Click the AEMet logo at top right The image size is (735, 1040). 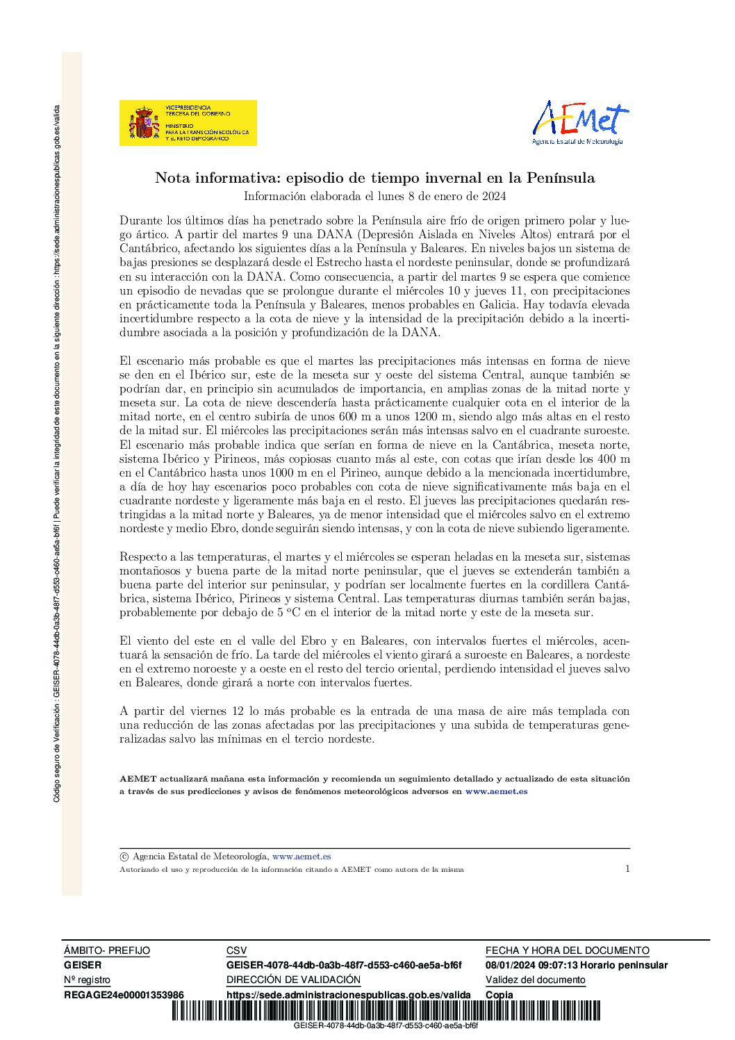(580, 122)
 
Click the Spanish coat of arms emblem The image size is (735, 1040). (144, 124)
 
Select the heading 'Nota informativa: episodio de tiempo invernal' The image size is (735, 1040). (374, 178)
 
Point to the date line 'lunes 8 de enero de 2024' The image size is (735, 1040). (374, 196)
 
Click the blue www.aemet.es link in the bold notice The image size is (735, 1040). (496, 791)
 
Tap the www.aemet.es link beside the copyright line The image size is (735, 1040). (302, 857)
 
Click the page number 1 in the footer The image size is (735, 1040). (627, 868)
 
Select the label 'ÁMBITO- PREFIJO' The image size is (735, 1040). (107, 950)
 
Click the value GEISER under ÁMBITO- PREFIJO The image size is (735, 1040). (83, 965)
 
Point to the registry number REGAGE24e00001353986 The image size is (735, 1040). (124, 995)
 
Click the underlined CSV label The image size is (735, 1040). (236, 950)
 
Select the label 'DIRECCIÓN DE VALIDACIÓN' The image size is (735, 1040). (293, 980)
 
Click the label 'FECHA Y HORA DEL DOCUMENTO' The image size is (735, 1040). (567, 950)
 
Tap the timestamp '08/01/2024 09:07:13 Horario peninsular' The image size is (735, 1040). (576, 965)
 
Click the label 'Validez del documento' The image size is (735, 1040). (535, 980)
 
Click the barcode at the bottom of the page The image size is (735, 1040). (386, 1010)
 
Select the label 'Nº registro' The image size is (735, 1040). (87, 980)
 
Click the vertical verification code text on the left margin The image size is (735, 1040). (57, 452)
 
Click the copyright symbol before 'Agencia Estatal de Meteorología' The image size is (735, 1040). (124, 857)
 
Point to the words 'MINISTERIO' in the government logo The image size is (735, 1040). (179, 126)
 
